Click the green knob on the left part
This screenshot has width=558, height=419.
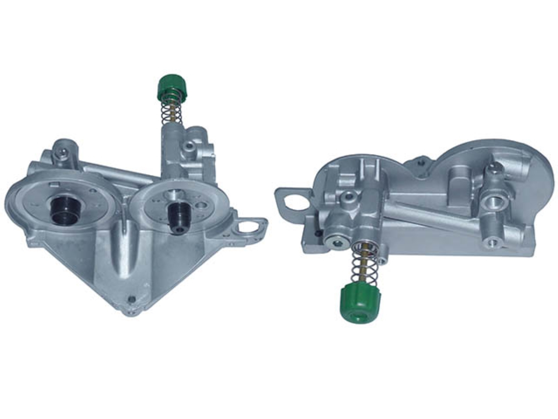[x=172, y=87]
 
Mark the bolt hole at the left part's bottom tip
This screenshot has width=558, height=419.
[x=132, y=299]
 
